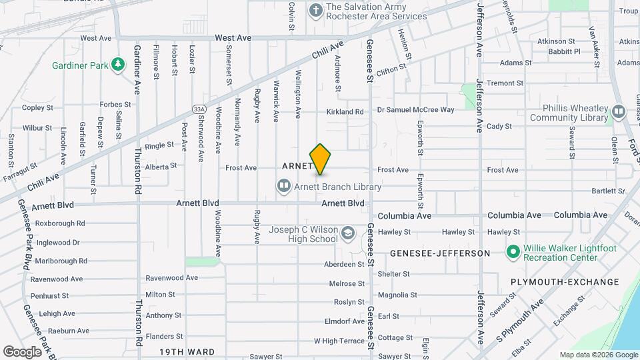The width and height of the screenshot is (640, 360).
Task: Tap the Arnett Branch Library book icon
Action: click(283, 185)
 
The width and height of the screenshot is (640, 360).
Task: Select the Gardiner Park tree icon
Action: click(118, 64)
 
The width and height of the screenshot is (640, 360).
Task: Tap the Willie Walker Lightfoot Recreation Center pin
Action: click(513, 252)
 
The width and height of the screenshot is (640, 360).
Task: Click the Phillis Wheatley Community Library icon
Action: click(618, 112)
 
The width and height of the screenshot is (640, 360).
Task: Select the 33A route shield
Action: click(198, 109)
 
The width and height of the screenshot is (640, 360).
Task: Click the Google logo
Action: click(22, 351)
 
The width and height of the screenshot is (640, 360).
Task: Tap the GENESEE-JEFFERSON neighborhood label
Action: click(439, 253)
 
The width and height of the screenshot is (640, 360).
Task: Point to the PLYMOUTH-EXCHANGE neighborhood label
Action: click(565, 282)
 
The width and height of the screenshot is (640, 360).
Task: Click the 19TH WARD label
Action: click(187, 351)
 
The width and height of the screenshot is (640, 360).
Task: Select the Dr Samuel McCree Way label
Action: click(415, 109)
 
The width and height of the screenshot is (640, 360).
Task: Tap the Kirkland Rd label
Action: click(345, 111)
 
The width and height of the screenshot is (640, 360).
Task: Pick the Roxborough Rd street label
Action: click(60, 223)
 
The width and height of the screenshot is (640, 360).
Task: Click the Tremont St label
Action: click(505, 83)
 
